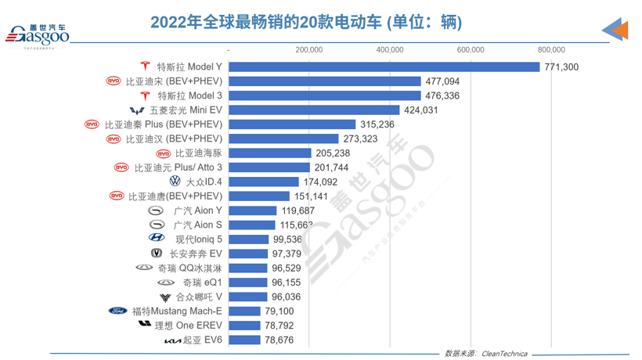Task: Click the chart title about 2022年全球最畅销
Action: pos(306,23)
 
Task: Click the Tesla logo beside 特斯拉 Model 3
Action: pos(144,95)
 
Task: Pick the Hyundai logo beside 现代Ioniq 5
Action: pos(157,239)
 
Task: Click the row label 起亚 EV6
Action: pos(203,340)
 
